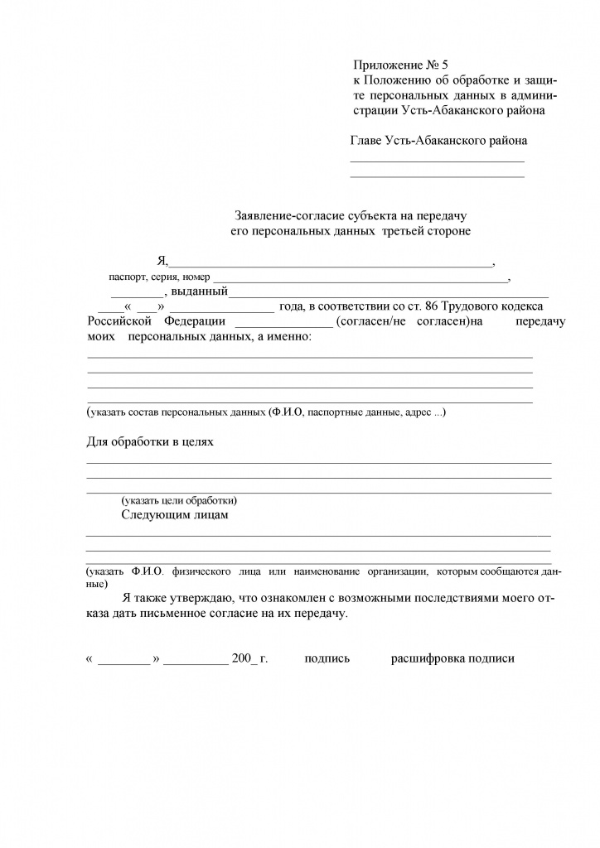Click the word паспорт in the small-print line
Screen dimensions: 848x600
125,277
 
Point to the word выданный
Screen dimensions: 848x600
200,291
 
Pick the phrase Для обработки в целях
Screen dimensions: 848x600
150,441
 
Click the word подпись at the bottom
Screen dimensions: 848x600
327,659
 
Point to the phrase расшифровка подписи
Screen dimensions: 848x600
452,659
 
